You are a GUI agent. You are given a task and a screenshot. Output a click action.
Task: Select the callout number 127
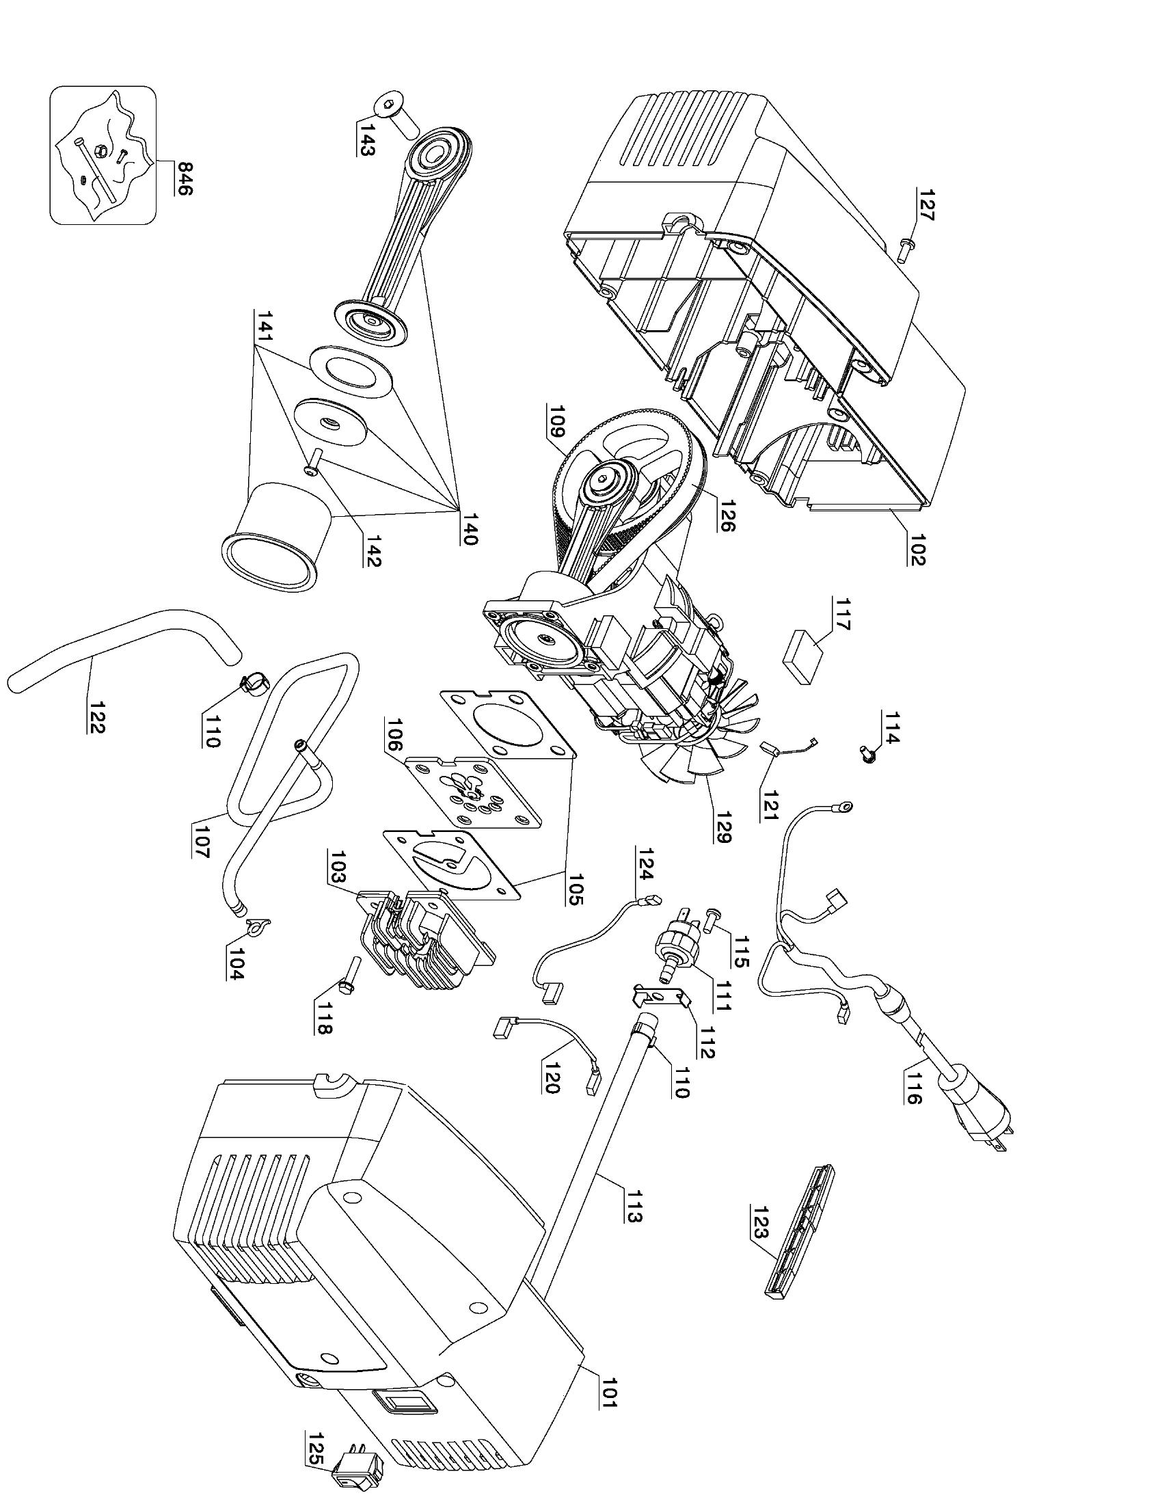pos(925,204)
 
